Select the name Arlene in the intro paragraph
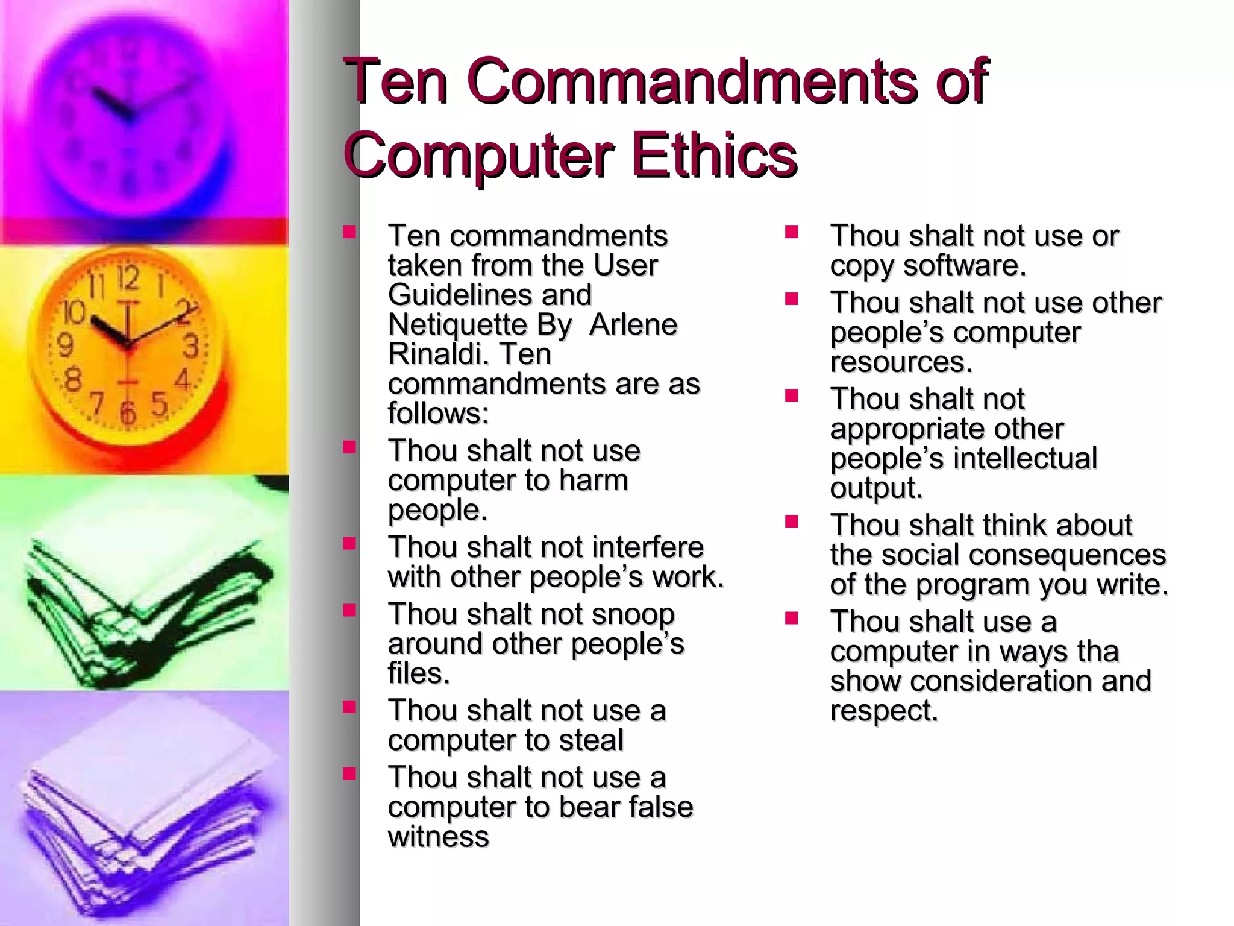(x=633, y=324)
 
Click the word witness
(x=438, y=837)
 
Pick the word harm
(x=594, y=480)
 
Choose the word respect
(x=884, y=711)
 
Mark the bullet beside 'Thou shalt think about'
(x=791, y=521)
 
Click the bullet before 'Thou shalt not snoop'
(x=349, y=610)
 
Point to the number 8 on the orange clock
(x=73, y=380)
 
